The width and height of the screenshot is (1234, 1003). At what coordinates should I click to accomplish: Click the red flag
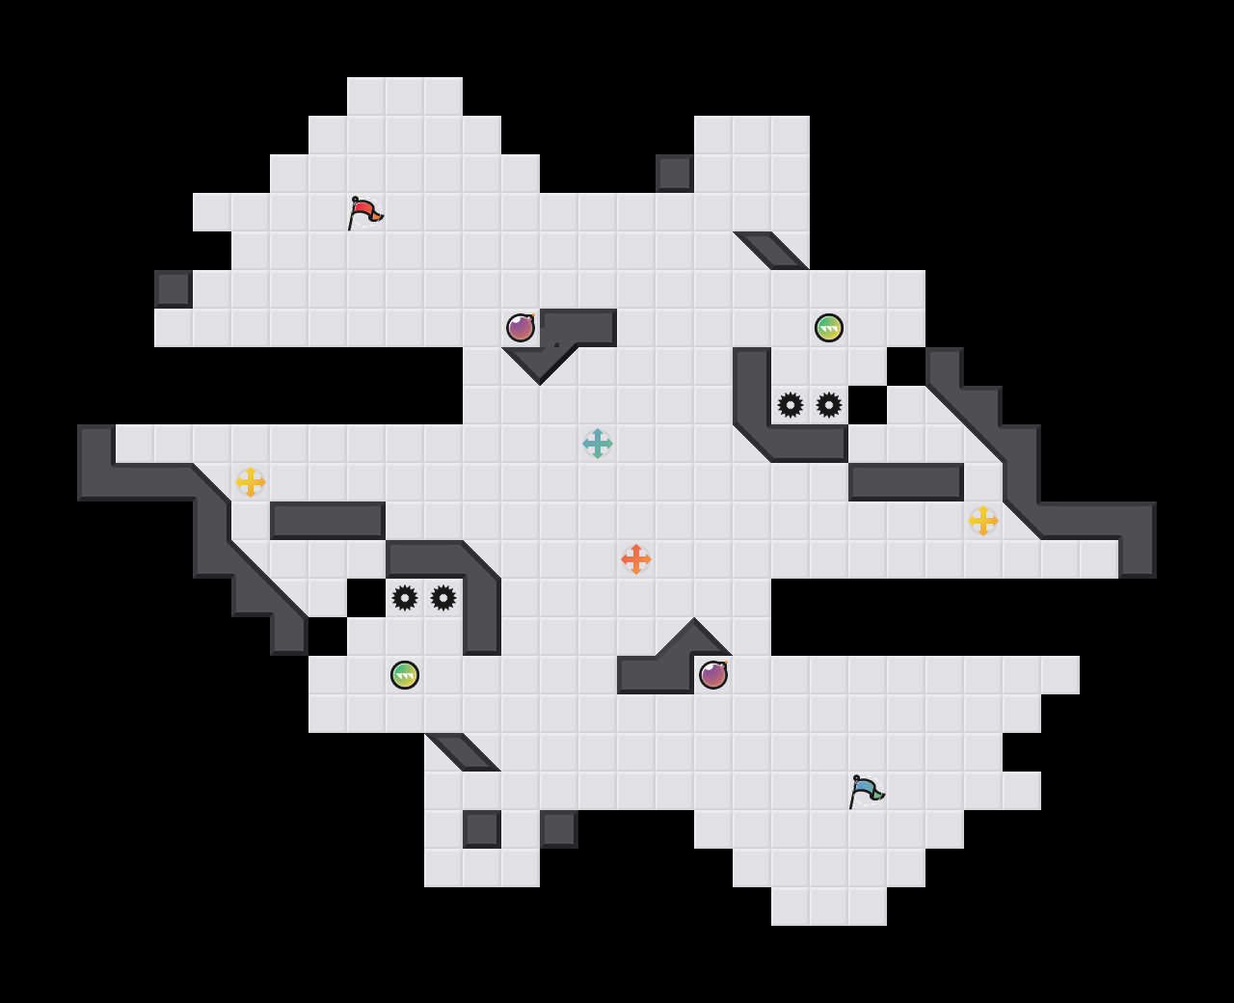[364, 212]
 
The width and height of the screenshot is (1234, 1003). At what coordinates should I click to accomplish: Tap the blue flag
[866, 791]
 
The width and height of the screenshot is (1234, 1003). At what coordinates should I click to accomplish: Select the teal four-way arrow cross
[598, 444]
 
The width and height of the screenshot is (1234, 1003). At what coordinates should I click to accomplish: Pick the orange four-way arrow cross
[636, 559]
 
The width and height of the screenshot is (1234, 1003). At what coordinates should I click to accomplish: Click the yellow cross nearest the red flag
[251, 482]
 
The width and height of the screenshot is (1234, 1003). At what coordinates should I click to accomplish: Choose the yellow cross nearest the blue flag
[983, 521]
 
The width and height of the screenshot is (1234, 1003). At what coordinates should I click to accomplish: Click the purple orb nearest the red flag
[521, 328]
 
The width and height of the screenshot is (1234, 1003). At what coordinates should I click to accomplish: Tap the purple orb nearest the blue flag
[713, 675]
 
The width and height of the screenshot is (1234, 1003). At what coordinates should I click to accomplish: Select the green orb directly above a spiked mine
[829, 328]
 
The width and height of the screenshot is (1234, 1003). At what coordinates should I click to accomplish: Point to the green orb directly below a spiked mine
[405, 675]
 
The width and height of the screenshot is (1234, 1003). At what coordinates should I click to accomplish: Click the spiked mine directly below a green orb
[829, 405]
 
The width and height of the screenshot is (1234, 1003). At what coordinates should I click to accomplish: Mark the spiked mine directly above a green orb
[405, 598]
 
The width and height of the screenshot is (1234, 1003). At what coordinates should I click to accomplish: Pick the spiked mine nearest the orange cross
[443, 598]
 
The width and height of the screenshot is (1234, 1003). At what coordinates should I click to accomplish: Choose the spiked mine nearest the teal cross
[791, 405]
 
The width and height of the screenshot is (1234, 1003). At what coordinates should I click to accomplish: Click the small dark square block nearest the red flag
[174, 289]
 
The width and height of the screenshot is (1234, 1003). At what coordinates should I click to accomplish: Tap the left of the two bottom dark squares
[482, 829]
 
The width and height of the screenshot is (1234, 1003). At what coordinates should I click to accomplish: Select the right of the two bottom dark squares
[559, 829]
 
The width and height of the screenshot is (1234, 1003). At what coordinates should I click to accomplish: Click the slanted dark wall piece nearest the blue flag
[463, 752]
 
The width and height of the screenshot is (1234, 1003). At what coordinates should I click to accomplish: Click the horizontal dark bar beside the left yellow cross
[328, 521]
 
